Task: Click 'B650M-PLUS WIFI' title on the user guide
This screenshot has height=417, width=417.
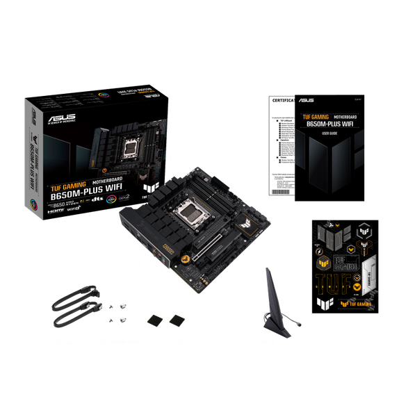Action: tap(329, 125)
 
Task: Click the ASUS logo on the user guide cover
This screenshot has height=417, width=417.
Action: tap(306, 99)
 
